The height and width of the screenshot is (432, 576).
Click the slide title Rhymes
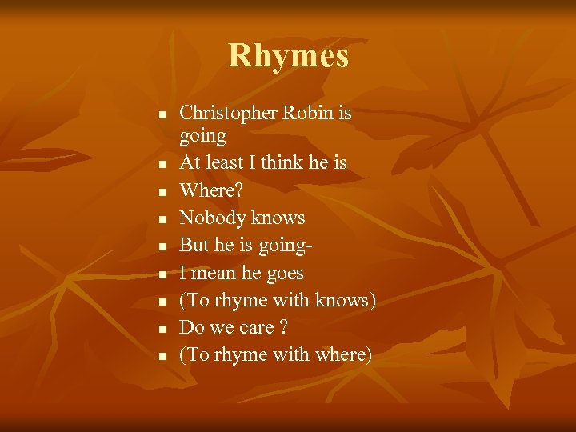click(x=288, y=56)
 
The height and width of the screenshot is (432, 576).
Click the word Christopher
click(x=228, y=114)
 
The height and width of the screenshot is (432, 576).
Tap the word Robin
click(x=308, y=114)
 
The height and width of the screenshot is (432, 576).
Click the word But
click(x=194, y=245)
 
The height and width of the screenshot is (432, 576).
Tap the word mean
click(x=214, y=273)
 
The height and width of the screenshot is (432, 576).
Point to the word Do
click(x=191, y=328)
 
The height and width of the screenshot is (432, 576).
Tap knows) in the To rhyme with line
click(x=346, y=300)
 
